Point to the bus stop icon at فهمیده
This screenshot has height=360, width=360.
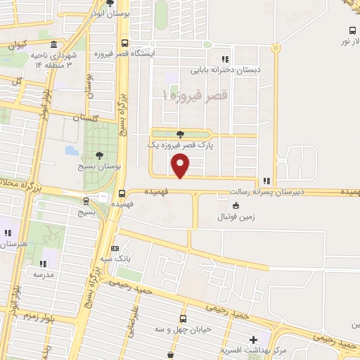coord(122,193)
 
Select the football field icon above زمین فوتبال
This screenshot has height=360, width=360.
coord(235,206)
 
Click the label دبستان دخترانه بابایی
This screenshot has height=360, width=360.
coord(218,70)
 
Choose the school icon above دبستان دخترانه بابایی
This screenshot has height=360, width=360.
coord(224,59)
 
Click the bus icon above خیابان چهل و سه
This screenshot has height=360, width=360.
coord(183,318)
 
